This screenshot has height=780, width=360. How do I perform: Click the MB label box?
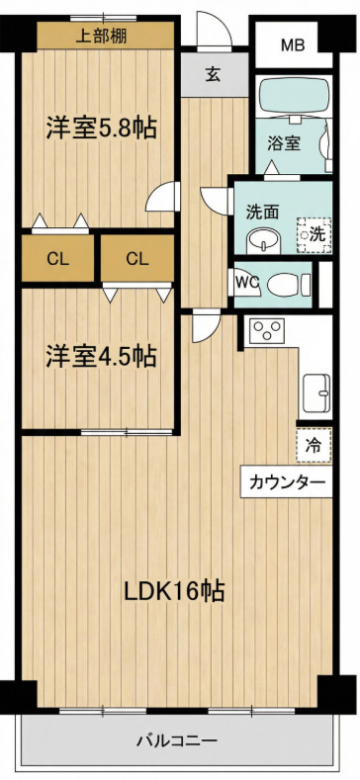point(292,44)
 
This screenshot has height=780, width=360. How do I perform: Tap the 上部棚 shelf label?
point(101,37)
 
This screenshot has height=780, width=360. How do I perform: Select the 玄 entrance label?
point(214,73)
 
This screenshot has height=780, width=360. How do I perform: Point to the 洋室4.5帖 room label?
point(100,355)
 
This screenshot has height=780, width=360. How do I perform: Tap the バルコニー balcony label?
point(177,739)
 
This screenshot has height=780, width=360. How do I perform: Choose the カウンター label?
point(286,482)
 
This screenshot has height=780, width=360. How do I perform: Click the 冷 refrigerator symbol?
point(312,446)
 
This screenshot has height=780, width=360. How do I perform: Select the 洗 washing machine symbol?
point(315,234)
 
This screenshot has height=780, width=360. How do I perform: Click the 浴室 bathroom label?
point(285,143)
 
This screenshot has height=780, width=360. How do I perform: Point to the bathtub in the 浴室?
point(294,98)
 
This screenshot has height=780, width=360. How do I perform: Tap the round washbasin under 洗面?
point(261,240)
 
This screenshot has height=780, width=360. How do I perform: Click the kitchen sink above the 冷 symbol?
point(315,389)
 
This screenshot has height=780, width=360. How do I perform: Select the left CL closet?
point(58,259)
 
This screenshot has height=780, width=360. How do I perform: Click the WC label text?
point(246,280)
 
